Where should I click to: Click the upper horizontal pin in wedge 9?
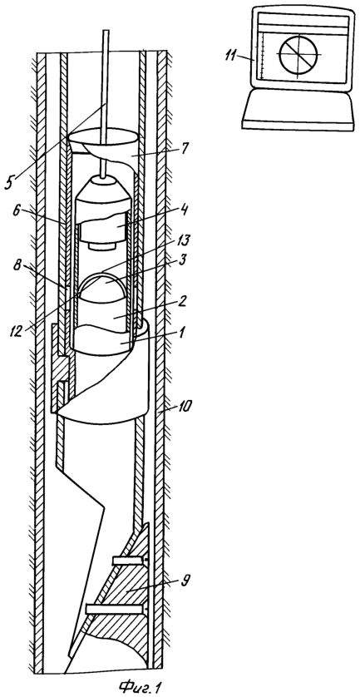(130, 561)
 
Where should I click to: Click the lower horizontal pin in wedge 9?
(115, 608)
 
